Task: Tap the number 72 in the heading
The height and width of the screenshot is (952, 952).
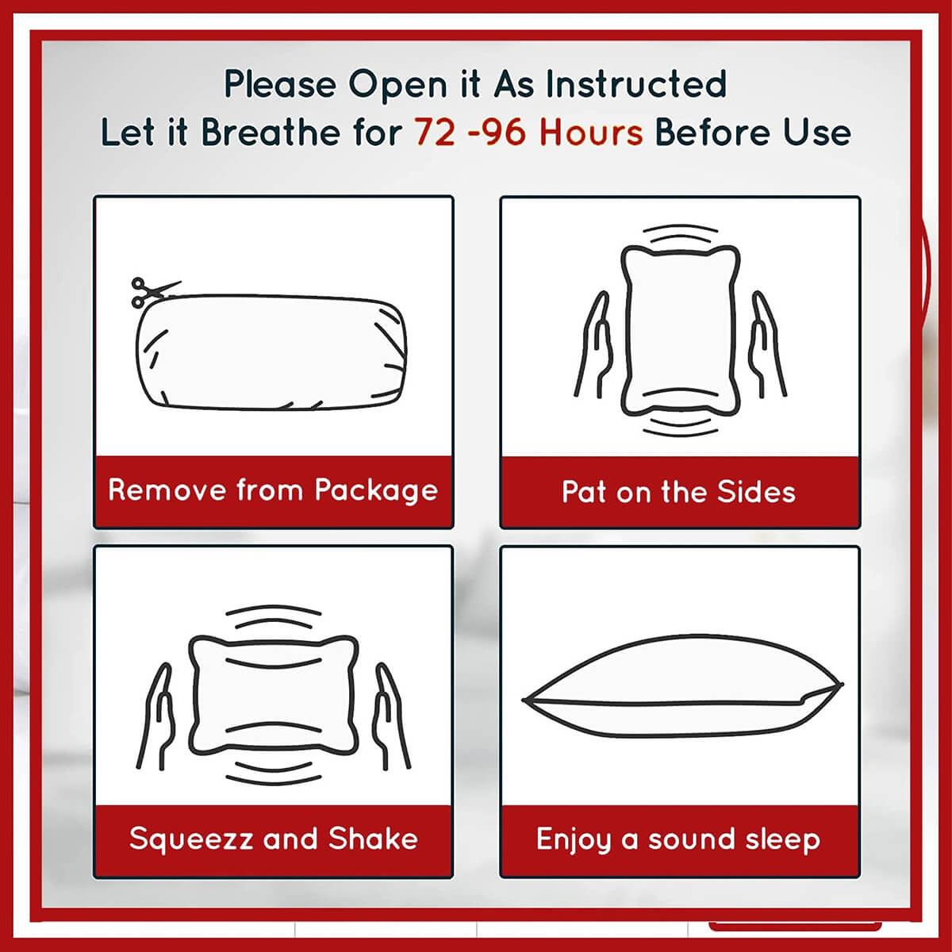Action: [x=434, y=132]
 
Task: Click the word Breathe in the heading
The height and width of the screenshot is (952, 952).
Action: [x=271, y=132]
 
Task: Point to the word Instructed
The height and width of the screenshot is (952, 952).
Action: [x=635, y=83]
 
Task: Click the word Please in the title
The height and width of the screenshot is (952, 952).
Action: [x=280, y=83]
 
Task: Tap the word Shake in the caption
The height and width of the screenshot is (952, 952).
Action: [x=373, y=839]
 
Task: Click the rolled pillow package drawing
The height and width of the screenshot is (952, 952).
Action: [x=271, y=351]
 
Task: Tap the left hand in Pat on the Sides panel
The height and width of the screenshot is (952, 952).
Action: [x=594, y=344]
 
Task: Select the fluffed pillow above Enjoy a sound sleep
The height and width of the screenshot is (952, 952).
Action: [x=683, y=686]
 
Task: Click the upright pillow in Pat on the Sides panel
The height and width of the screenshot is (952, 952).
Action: [x=680, y=331]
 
